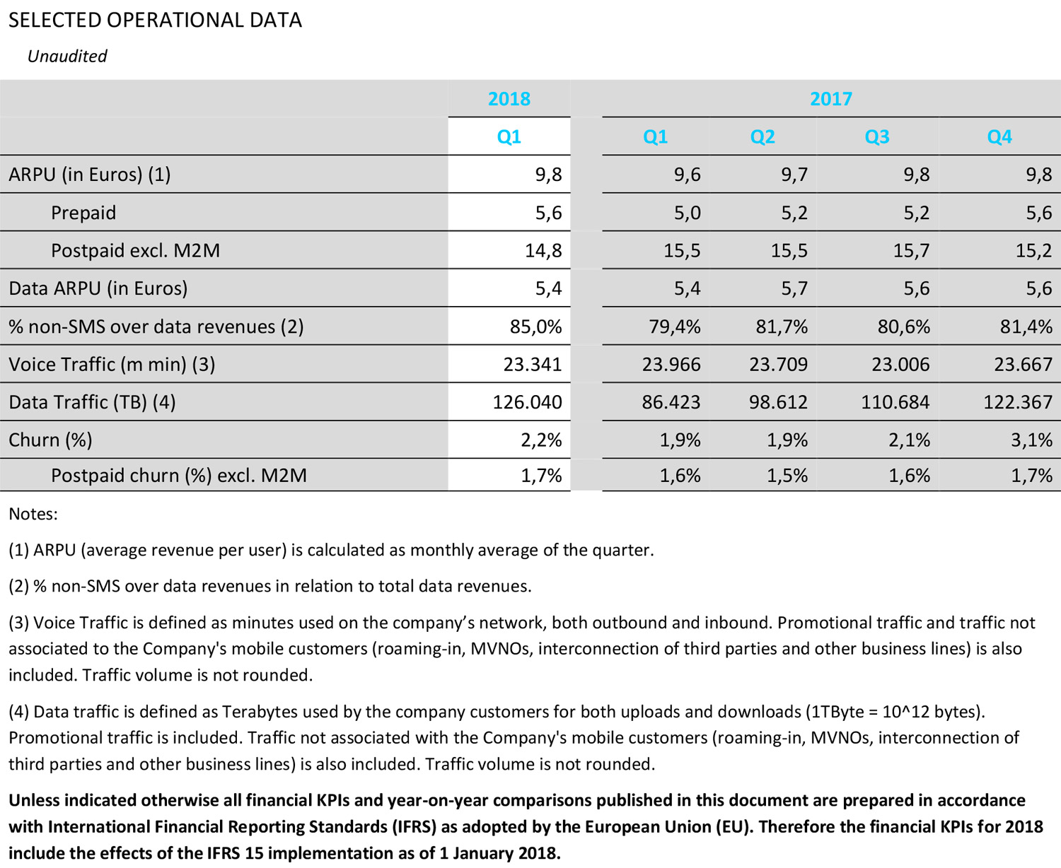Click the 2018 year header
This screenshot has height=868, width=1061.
coord(509,99)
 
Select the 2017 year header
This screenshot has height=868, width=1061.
coord(830,99)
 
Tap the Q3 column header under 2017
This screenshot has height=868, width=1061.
coord(876,136)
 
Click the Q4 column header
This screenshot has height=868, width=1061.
coord(999,136)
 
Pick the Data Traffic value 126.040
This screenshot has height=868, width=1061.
coord(527,402)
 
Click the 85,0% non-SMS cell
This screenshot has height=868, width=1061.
coord(535,327)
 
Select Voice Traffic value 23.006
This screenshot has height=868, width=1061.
coord(895,364)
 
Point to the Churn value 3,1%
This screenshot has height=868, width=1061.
coord(1031,440)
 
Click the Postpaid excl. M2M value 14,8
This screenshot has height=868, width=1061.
coord(543,250)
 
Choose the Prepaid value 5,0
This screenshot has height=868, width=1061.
coord(687,213)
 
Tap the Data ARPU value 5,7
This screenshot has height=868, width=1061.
coord(794,288)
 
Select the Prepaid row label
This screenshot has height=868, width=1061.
coord(83,213)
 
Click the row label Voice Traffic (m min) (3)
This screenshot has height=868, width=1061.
coord(112,364)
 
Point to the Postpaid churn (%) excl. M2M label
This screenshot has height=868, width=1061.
coord(179,475)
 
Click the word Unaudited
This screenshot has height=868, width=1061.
coord(67,57)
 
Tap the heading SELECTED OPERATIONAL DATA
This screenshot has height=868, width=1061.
coord(155,20)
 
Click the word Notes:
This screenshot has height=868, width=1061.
coord(33,514)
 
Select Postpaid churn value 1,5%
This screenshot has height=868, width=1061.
coord(787,475)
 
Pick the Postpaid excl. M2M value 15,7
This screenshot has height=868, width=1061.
coord(910,250)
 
